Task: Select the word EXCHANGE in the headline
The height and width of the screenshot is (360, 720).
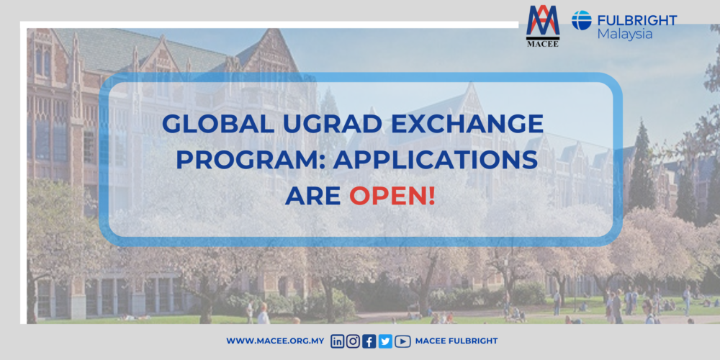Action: coord(470,124)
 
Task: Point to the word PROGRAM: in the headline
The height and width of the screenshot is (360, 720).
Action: coord(243,159)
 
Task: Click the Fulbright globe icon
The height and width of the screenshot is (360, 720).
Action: coord(582,20)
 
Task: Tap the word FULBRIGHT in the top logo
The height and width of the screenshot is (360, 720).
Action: coord(636,19)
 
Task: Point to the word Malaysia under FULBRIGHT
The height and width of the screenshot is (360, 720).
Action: coord(624,34)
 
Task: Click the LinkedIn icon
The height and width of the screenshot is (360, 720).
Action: coord(337,341)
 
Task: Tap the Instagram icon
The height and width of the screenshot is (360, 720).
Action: coord(353,341)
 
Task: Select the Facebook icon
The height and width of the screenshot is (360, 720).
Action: coord(369,341)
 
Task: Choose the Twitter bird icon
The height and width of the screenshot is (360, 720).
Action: coord(385,341)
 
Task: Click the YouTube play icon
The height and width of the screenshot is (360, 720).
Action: coord(402,341)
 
